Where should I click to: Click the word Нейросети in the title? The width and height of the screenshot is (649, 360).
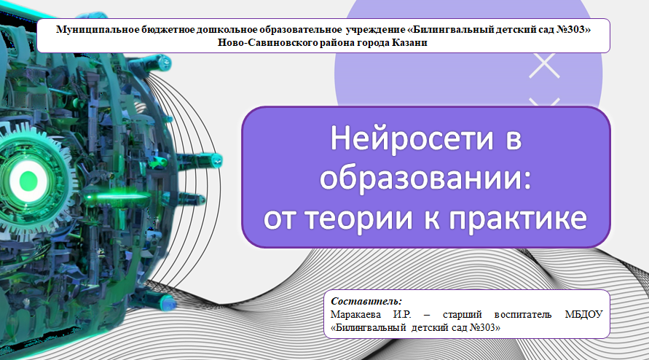click(x=412, y=138)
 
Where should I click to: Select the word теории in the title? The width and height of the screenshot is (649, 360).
click(x=359, y=218)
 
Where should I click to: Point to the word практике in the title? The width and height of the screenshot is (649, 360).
click(x=518, y=218)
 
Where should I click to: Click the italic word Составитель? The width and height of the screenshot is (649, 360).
click(x=366, y=301)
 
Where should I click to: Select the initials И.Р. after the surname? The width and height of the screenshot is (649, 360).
click(x=402, y=314)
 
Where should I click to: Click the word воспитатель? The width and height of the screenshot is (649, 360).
click(x=523, y=314)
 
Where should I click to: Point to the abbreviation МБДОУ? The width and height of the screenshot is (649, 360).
click(x=583, y=314)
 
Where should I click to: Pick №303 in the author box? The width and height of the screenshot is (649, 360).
click(x=484, y=327)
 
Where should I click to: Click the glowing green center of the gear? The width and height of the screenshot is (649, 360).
click(x=28, y=181)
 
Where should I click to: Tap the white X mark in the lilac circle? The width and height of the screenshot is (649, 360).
click(x=544, y=66)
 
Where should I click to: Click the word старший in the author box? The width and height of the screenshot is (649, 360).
click(x=463, y=315)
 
